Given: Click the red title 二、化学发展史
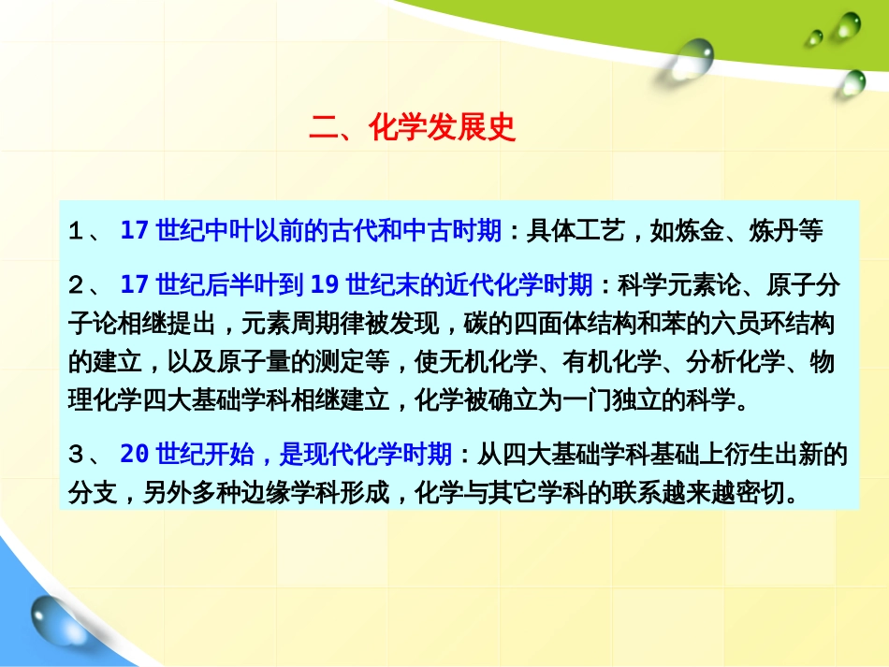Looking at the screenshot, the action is tap(413, 127).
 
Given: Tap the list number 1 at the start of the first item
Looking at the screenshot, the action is tap(76, 231).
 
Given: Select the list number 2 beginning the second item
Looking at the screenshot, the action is tap(76, 285).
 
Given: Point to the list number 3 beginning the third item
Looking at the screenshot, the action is tap(76, 455).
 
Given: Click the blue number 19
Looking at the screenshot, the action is tap(325, 284).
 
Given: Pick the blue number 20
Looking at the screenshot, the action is tap(135, 454).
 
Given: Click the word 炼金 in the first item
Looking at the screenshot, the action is tap(699, 231).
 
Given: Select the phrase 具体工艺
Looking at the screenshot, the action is tap(576, 231).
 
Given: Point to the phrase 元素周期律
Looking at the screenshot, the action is tap(303, 324).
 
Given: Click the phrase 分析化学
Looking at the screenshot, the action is tap(736, 362).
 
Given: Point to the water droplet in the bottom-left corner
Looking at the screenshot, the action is tap(57, 620).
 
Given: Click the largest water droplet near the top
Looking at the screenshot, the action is tap(692, 57).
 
